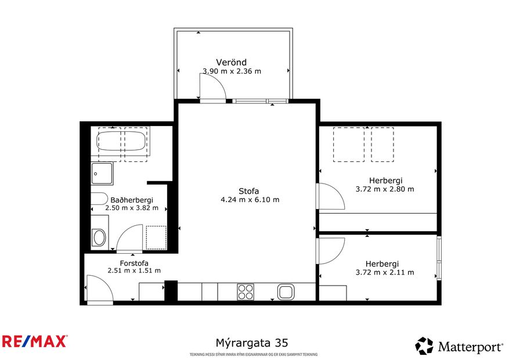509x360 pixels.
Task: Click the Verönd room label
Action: (232, 62)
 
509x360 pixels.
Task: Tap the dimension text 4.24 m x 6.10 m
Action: (250, 200)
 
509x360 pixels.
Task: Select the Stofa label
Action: (248, 191)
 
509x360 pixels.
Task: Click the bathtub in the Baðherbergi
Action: (122, 141)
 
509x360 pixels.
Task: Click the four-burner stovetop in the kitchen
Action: (246, 291)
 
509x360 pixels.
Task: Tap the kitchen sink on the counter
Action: (286, 291)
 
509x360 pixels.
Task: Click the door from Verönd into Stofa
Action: (212, 89)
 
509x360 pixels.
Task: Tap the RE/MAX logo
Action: (34, 341)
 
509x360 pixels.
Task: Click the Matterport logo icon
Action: (424, 346)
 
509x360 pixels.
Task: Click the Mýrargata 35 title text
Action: (247, 343)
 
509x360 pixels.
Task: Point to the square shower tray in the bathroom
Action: (103, 173)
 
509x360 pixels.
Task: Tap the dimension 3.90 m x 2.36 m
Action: (232, 71)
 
